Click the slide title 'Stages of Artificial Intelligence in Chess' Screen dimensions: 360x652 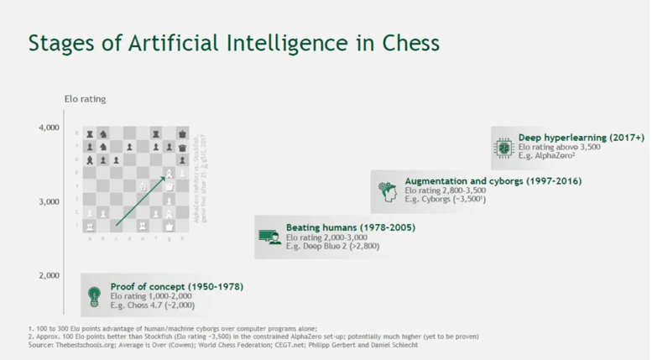233,44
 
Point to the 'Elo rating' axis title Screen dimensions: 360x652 85,99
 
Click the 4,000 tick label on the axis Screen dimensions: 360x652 49,128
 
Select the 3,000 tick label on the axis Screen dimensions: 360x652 49,201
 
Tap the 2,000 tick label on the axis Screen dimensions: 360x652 49,275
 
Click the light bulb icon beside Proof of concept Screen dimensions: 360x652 94,296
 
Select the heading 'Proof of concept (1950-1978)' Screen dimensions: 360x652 176,287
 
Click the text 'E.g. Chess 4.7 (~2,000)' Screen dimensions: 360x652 153,306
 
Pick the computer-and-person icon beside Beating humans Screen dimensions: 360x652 269,237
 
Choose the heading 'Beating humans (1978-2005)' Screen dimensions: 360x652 350,227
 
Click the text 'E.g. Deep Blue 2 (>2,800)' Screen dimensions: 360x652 332,247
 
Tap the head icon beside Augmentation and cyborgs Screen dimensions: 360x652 387,190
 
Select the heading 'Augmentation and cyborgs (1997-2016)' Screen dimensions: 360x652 493,181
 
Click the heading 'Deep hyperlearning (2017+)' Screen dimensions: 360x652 581,137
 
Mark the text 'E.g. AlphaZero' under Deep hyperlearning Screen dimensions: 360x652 546,156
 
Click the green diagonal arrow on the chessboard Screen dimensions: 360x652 143,199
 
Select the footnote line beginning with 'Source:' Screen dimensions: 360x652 222,345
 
